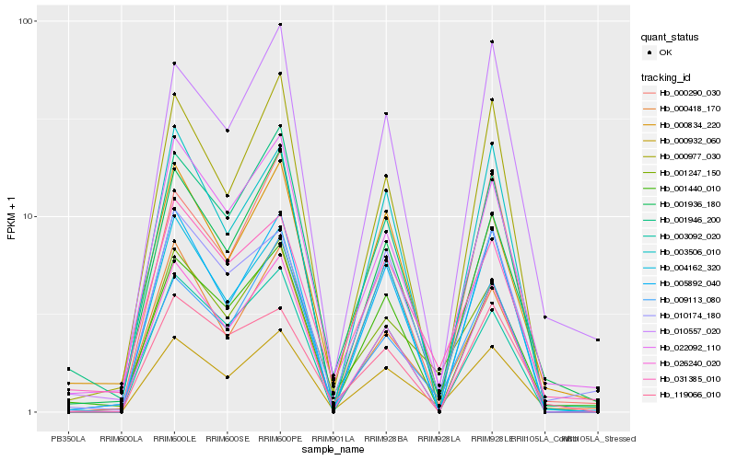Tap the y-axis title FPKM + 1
tap(11, 216)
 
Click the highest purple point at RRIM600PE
tap(280, 25)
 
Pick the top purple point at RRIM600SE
tap(228, 131)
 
